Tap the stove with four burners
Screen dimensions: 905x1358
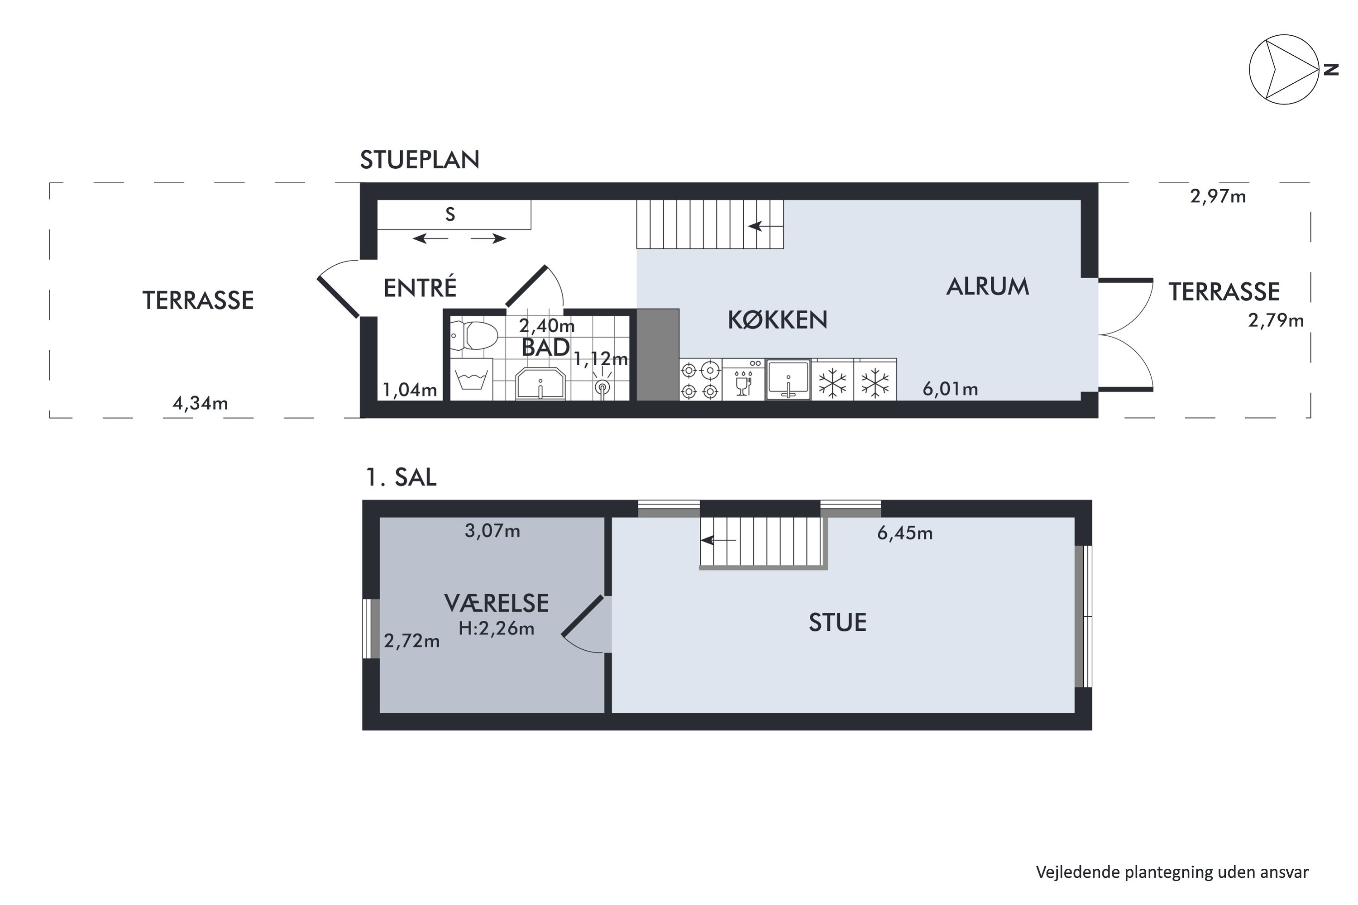tap(700, 380)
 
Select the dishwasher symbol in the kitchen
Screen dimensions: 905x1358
tap(744, 380)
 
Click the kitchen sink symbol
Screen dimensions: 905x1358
tap(788, 380)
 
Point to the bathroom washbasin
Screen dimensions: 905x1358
tap(540, 383)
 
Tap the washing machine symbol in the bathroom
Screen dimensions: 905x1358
tap(471, 380)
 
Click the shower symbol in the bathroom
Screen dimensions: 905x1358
tap(602, 388)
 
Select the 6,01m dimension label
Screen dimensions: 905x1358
tap(950, 389)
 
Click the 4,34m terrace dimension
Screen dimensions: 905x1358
tap(200, 403)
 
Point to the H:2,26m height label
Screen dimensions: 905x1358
tap(496, 629)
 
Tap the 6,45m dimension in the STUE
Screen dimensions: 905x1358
tap(904, 533)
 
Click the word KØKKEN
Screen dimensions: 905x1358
tap(777, 320)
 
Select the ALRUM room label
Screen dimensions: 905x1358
tap(987, 286)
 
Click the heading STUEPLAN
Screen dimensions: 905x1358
tap(420, 160)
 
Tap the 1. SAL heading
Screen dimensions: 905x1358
tap(401, 477)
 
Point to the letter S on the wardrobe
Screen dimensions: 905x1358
tap(450, 214)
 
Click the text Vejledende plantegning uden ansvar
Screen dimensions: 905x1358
tap(1172, 872)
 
